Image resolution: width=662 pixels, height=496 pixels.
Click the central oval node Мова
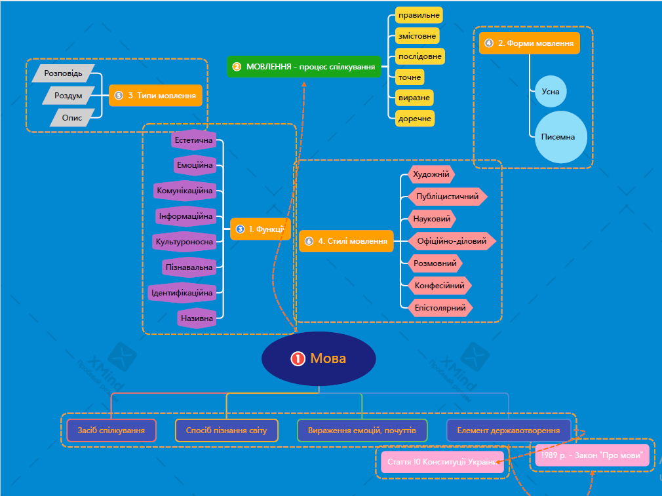tap(319, 358)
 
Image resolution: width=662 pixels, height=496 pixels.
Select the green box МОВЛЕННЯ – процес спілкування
tap(303, 67)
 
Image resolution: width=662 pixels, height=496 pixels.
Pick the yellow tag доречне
tap(415, 119)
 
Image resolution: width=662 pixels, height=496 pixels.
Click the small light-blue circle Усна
tap(551, 92)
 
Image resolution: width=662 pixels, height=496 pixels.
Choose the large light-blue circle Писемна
tap(560, 137)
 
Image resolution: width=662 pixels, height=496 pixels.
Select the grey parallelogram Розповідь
tap(64, 73)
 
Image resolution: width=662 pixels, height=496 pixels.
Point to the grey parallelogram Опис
tap(72, 118)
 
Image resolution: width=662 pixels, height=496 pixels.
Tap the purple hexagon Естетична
tap(194, 140)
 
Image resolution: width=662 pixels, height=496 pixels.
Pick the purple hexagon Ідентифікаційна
tap(182, 292)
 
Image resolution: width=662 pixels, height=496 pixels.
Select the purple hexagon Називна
tap(196, 318)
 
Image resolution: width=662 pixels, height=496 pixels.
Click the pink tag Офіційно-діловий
tap(451, 241)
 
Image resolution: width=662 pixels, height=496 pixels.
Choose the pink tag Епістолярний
tap(440, 307)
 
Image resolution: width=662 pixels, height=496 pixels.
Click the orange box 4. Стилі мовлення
tap(346, 241)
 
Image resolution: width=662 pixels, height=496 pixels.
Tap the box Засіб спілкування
tap(111, 430)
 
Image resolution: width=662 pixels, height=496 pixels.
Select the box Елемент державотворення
tap(509, 430)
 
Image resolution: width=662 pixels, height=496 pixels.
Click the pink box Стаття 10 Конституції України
tap(442, 462)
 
